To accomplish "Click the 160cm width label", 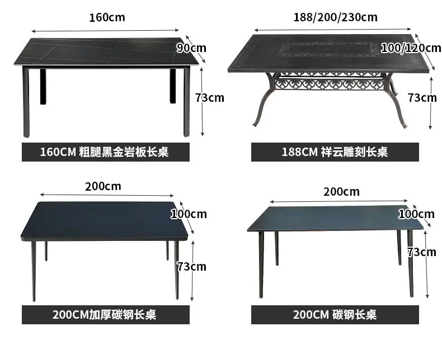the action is (x=107, y=17).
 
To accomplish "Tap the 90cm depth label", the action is (x=191, y=48).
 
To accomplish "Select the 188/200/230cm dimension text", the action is (x=336, y=17).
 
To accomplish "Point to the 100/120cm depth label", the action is (x=411, y=48).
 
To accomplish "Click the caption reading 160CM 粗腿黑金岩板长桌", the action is (x=104, y=152).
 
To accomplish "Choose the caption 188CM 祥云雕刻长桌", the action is (x=335, y=152).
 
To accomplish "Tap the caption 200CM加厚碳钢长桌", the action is (x=104, y=315).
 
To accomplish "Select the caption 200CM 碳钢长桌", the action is (x=335, y=315).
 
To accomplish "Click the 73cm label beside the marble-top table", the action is (x=210, y=98).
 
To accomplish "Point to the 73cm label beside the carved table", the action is (x=422, y=98).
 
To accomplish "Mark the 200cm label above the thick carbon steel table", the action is (x=103, y=187).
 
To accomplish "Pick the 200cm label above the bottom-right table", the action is (x=342, y=192).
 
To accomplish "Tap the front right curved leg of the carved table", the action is (x=398, y=101).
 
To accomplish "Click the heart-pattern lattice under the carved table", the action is (x=330, y=84).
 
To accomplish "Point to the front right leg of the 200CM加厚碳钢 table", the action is (x=176, y=270).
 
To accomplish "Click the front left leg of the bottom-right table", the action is (x=261, y=264).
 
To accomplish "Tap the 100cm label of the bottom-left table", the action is (x=189, y=214).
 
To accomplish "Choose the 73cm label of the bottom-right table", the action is (x=422, y=252).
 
